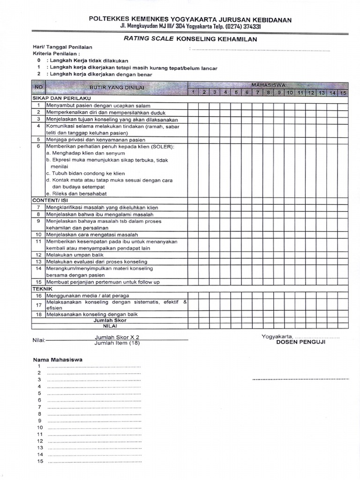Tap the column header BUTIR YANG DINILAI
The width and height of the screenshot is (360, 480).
[117, 88]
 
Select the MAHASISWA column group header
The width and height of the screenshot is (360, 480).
[268, 85]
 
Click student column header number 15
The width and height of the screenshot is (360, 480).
[343, 93]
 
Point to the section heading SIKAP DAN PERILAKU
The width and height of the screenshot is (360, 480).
[61, 99]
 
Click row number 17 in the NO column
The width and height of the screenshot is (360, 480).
[38, 305]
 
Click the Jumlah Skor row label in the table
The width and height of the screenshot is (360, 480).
[110, 320]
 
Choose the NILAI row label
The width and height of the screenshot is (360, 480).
[110, 326]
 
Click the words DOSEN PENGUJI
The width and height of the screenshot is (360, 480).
[300, 342]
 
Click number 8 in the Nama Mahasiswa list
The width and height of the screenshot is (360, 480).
[40, 414]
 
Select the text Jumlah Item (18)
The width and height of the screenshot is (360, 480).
[117, 343]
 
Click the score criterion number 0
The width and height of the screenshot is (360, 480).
[39, 61]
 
